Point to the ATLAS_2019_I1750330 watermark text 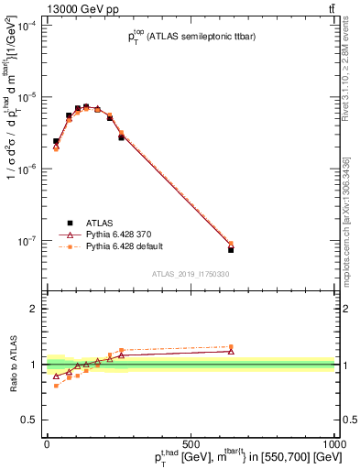pyautogui.click(x=191, y=274)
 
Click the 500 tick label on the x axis pyautogui.click(x=191, y=444)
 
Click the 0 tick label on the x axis pyautogui.click(x=47, y=444)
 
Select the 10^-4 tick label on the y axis pyautogui.click(x=27, y=26)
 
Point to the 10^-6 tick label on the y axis pyautogui.click(x=27, y=169)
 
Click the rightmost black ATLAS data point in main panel pyautogui.click(x=231, y=249)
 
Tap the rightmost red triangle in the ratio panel pyautogui.click(x=231, y=351)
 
